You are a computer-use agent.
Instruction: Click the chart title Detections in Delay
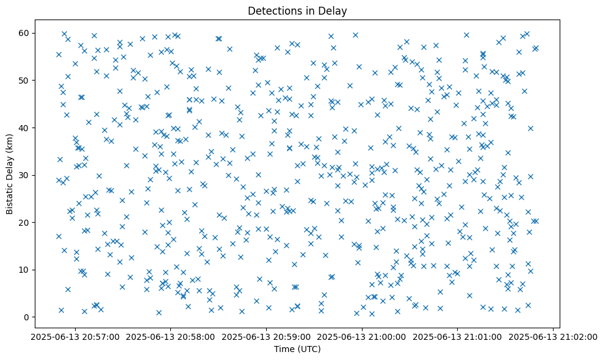pyautogui.click(x=297, y=10)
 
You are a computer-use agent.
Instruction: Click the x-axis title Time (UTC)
pyautogui.click(x=297, y=349)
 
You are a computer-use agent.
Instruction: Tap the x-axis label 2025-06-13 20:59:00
pyautogui.click(x=266, y=336)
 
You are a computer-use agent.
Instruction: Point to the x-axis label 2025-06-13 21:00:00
pyautogui.click(x=362, y=336)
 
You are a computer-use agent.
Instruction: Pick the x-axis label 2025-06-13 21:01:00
pyautogui.click(x=458, y=336)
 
